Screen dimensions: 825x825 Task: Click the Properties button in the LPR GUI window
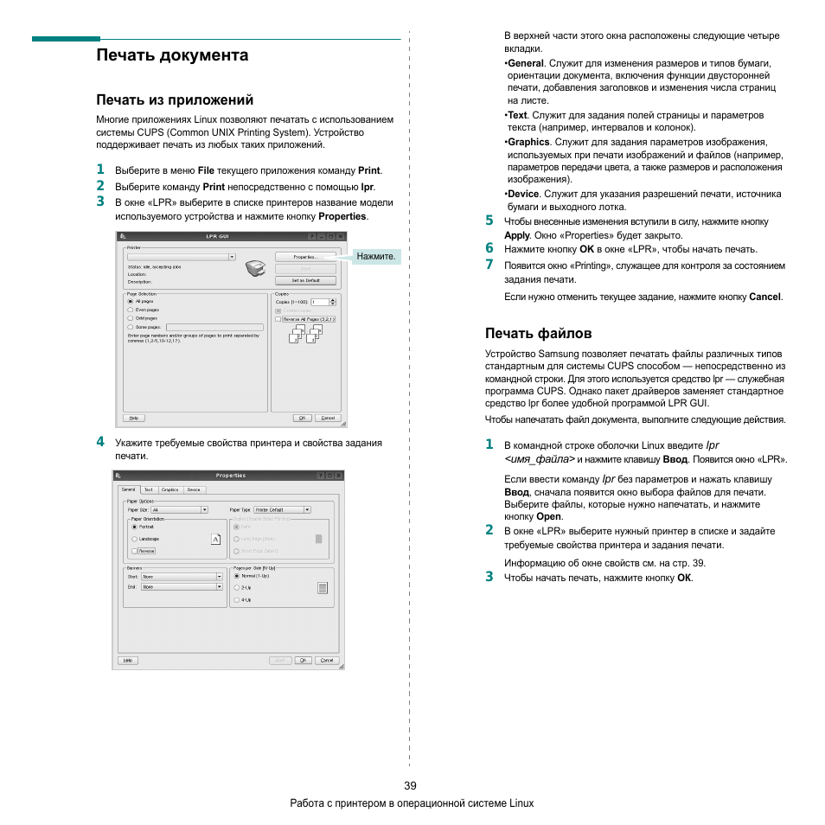[x=304, y=257]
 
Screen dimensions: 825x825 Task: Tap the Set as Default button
[x=304, y=280]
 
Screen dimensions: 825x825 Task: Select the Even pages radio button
[x=131, y=310]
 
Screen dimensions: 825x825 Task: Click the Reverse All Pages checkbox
[x=278, y=319]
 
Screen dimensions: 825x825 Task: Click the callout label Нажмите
[x=376, y=257]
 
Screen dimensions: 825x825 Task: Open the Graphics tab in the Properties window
[x=169, y=489]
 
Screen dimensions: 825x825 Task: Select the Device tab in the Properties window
[x=194, y=489]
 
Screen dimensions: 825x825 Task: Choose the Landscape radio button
[x=134, y=539]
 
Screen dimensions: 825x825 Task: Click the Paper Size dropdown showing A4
[x=179, y=510]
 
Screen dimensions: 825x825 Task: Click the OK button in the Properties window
[x=303, y=660]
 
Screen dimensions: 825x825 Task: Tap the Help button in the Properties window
[x=127, y=660]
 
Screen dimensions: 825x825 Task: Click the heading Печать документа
[x=172, y=55]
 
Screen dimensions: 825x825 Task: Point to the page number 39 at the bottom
[x=410, y=785]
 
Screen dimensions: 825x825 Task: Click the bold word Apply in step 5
[x=516, y=235]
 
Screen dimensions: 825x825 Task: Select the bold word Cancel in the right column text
[x=764, y=297]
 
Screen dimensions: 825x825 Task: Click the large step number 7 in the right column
[x=489, y=265]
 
